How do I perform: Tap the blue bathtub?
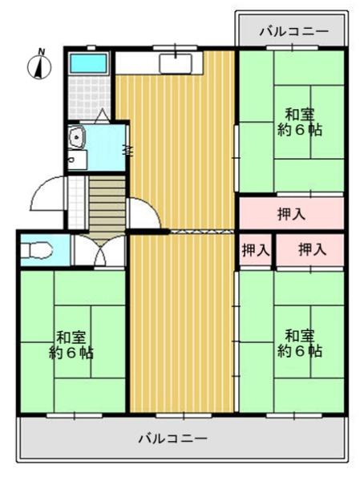[x=89, y=63]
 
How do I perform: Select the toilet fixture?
[x=37, y=250]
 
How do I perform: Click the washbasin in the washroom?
[x=76, y=138]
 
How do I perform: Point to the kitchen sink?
[x=176, y=64]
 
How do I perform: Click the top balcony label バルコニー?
[x=294, y=31]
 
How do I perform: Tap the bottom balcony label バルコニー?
[x=173, y=438]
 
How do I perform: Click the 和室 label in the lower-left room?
[x=71, y=338]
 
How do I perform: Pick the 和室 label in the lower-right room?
[x=300, y=336]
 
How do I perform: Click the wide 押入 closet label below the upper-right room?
[x=292, y=213]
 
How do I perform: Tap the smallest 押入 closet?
[x=256, y=250]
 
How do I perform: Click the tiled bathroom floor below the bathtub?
[x=89, y=98]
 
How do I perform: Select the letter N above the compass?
[x=42, y=51]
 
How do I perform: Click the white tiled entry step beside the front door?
[x=77, y=203]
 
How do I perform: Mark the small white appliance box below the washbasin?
[x=77, y=160]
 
